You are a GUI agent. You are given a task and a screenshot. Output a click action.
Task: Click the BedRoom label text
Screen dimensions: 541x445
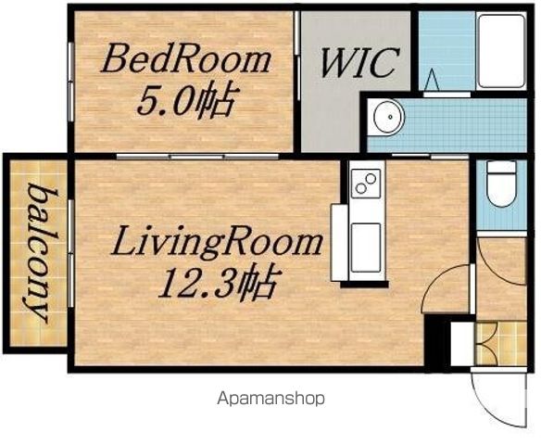(x=185, y=61)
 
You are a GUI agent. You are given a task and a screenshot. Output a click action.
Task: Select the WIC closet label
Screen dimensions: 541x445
(x=359, y=63)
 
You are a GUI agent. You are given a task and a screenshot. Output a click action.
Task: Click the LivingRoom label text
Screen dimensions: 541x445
(x=217, y=243)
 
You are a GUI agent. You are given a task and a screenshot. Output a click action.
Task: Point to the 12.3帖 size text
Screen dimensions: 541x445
(x=218, y=282)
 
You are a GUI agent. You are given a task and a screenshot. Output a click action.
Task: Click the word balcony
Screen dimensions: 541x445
(x=38, y=254)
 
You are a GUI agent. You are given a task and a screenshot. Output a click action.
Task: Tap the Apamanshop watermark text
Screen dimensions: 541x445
(x=270, y=399)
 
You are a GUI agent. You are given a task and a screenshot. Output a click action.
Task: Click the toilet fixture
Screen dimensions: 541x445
(x=501, y=184)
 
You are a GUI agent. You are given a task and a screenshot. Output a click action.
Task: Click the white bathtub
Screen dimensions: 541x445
(x=500, y=51)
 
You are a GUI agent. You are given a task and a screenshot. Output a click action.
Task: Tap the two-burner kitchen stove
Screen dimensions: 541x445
(x=366, y=183)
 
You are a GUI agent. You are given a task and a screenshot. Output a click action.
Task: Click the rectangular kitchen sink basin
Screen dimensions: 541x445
(x=366, y=248)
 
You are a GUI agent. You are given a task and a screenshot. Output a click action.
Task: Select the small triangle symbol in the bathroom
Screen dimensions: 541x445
(x=432, y=80)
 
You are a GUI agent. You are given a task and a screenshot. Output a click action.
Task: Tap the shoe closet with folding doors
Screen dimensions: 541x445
(x=500, y=343)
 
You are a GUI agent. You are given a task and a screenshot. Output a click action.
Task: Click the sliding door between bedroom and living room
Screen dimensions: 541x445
(x=197, y=157)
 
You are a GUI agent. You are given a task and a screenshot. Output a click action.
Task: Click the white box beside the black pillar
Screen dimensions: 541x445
(x=462, y=344)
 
